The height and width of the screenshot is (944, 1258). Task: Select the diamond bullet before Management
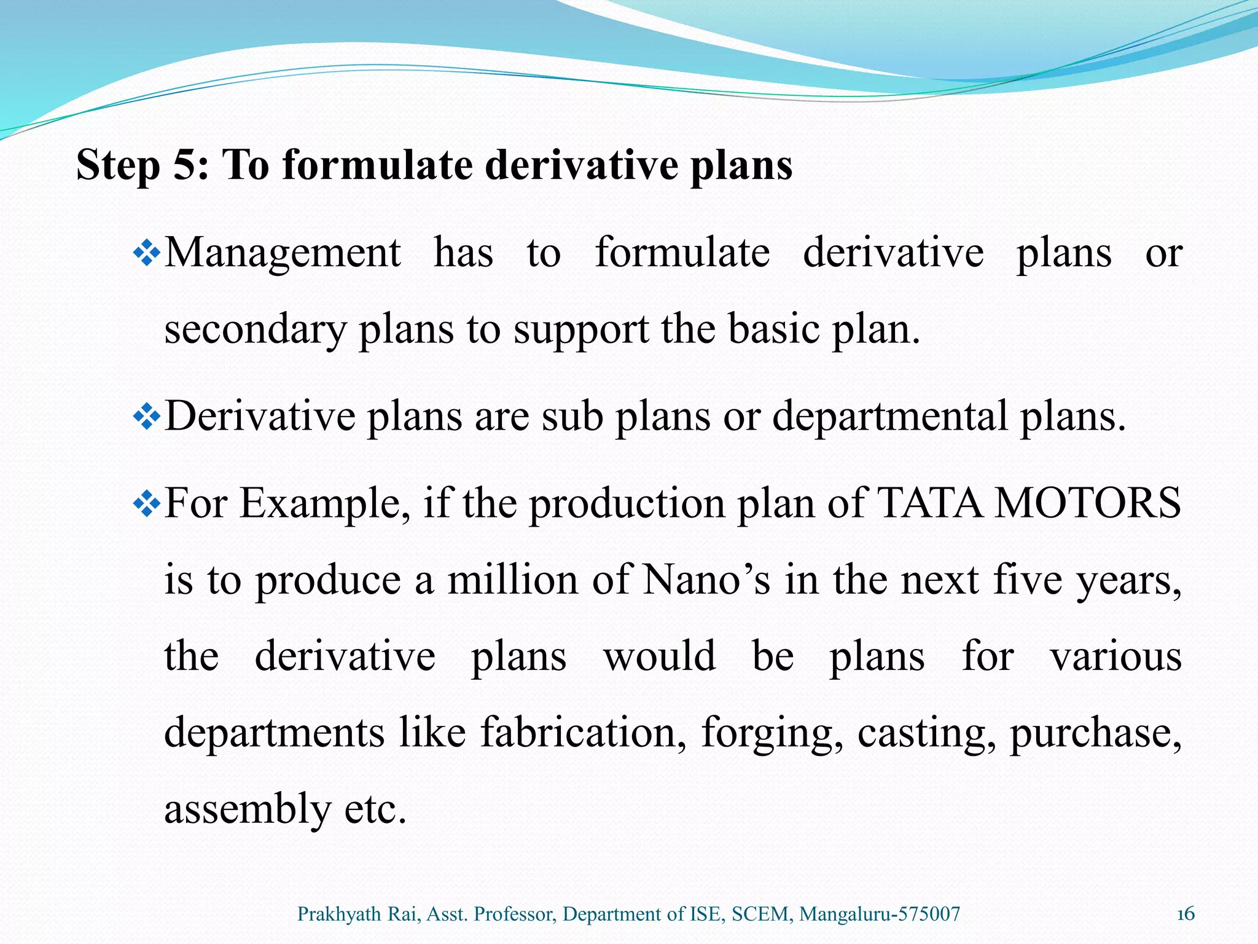[146, 253]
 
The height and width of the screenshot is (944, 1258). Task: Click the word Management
[283, 253]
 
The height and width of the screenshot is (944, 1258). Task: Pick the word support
[580, 330]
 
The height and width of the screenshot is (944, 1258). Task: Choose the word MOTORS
[1087, 503]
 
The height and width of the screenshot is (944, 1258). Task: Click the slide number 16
[1186, 914]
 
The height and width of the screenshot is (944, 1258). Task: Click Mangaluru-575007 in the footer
[880, 914]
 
